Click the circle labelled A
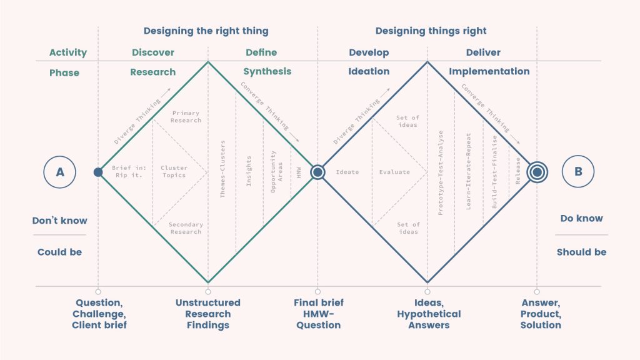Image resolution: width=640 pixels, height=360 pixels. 60,172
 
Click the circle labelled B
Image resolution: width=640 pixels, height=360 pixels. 579,172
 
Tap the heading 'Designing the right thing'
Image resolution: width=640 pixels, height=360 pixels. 206,31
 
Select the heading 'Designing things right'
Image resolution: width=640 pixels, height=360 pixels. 431,31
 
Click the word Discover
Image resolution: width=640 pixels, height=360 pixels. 153,52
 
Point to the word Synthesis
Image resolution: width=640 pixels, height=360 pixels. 267,71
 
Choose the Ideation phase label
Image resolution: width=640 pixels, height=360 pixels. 369,71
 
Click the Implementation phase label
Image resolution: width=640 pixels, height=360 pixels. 489,71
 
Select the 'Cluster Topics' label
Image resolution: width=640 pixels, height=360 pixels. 174,171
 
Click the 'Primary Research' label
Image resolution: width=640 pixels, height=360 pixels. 186,117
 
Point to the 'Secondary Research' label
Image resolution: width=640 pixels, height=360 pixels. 185,228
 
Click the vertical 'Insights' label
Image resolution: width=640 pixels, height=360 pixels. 249,171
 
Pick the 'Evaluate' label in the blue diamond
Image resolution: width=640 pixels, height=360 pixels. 394,172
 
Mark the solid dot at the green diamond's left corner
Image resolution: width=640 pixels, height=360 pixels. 98,172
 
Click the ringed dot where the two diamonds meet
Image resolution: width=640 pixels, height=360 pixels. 317,172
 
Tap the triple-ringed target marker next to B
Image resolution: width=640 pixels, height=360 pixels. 536,172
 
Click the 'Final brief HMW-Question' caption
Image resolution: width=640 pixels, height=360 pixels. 318,314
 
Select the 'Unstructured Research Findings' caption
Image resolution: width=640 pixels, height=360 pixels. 208,314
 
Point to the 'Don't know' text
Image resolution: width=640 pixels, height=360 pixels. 60,220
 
